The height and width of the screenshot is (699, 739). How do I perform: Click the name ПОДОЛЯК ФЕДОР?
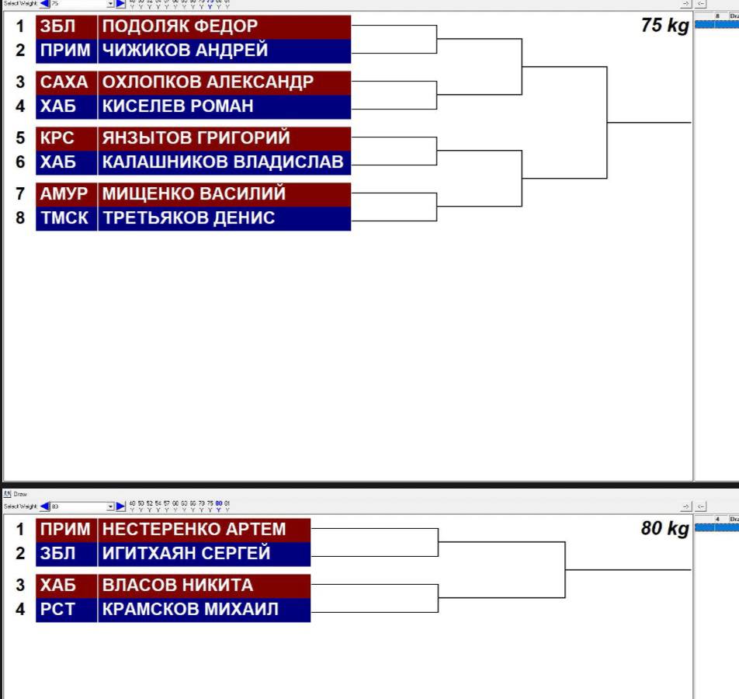(180, 26)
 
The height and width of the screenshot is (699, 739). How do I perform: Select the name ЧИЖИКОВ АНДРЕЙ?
(186, 50)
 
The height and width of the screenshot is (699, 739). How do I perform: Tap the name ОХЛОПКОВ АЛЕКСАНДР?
(208, 82)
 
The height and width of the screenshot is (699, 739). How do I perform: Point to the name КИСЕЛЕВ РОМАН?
(179, 106)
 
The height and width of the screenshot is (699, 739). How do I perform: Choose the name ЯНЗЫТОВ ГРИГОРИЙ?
(196, 138)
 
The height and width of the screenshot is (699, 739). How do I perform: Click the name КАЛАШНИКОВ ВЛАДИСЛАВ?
(223, 162)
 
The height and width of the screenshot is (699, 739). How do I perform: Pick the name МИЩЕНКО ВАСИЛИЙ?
(194, 194)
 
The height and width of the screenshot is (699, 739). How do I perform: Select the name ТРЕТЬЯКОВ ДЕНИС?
(189, 218)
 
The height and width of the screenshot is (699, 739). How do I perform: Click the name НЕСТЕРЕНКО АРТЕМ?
(195, 530)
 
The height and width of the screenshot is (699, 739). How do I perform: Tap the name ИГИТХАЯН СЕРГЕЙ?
(186, 554)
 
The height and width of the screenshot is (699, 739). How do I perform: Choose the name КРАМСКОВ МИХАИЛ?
(190, 610)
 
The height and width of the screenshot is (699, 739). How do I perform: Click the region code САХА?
(64, 82)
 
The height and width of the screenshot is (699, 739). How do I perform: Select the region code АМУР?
(64, 194)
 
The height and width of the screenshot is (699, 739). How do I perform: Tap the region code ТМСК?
(64, 218)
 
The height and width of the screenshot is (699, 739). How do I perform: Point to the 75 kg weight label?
(664, 26)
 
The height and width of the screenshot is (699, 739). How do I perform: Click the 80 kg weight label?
(664, 530)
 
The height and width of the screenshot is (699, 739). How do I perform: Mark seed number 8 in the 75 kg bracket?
(21, 218)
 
